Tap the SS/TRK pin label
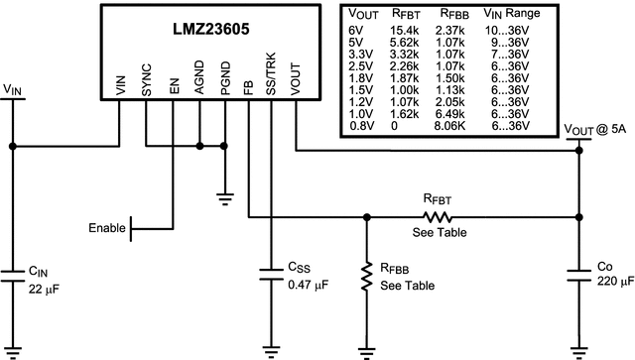pyautogui.click(x=269, y=76)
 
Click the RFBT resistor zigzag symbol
pyautogui.click(x=437, y=215)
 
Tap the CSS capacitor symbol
pyautogui.click(x=270, y=275)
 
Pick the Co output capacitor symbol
pyautogui.click(x=578, y=275)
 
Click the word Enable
pyautogui.click(x=107, y=228)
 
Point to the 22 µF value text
pyautogui.click(x=47, y=289)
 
